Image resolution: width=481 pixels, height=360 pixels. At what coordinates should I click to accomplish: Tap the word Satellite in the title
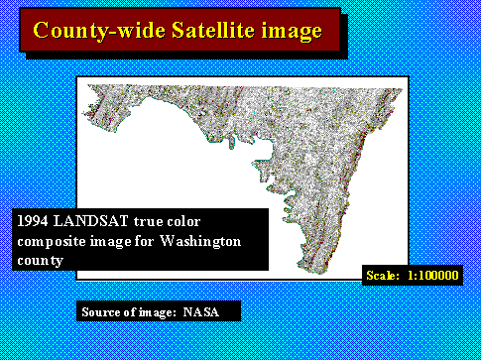point(195,31)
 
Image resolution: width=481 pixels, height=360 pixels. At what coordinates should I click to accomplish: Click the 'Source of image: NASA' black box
point(158,312)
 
